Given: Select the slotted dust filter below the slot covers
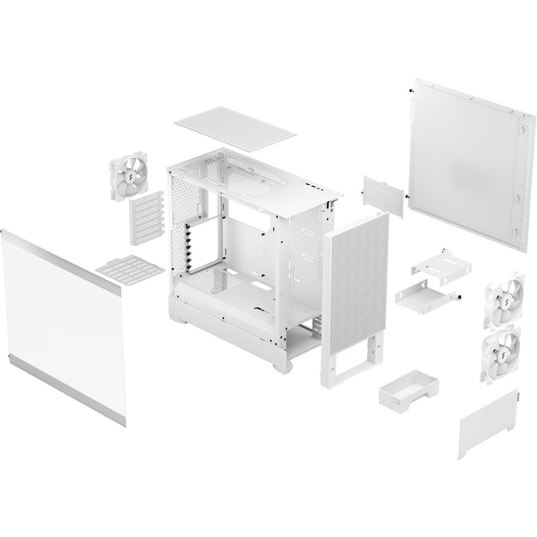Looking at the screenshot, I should [130, 269].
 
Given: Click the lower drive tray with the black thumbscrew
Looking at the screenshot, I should [426, 295].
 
